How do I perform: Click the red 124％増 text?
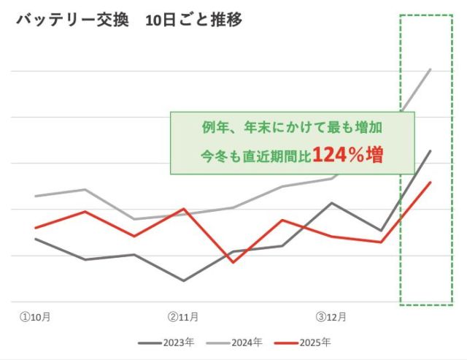tap(348, 155)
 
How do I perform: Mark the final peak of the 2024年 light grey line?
tap(431, 69)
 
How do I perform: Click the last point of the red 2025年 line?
tap(431, 183)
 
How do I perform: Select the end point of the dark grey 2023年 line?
tap(431, 151)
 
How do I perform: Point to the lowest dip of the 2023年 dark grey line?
tap(183, 280)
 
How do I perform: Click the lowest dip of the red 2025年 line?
tap(233, 262)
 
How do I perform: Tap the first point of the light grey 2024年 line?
tap(35, 196)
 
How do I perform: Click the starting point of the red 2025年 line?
tap(35, 228)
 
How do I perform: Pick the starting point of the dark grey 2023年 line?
tap(35, 239)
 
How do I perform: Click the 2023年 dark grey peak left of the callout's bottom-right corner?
tap(331, 203)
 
